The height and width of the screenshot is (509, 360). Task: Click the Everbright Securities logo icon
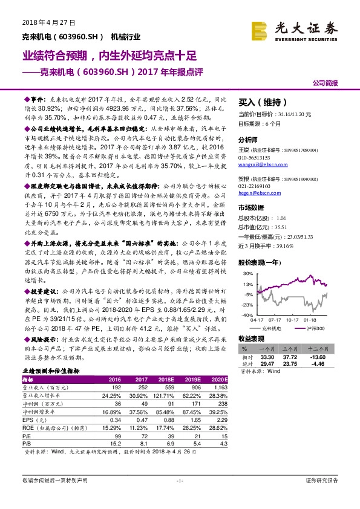pyautogui.click(x=260, y=30)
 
